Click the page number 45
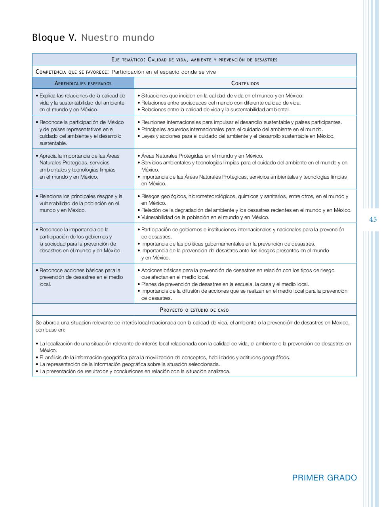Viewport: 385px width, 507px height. click(x=373, y=219)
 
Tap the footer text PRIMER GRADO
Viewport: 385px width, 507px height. click(x=324, y=478)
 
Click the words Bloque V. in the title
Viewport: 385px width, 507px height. click(x=54, y=38)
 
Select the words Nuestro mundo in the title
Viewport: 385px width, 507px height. click(x=118, y=38)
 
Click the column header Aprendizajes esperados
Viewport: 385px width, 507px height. click(x=83, y=83)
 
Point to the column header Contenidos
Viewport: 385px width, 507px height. click(x=245, y=83)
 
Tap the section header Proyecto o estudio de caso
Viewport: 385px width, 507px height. click(x=194, y=310)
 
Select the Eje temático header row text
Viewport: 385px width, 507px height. click(x=194, y=59)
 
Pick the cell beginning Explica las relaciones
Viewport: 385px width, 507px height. click(x=82, y=103)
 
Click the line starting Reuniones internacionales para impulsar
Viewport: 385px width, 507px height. click(x=241, y=122)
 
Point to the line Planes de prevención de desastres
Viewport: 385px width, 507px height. click(x=225, y=284)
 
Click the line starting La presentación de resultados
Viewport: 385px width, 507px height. click(x=135, y=371)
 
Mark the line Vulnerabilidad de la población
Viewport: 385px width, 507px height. click(x=205, y=217)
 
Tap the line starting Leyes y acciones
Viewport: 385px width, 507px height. click(x=238, y=136)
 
